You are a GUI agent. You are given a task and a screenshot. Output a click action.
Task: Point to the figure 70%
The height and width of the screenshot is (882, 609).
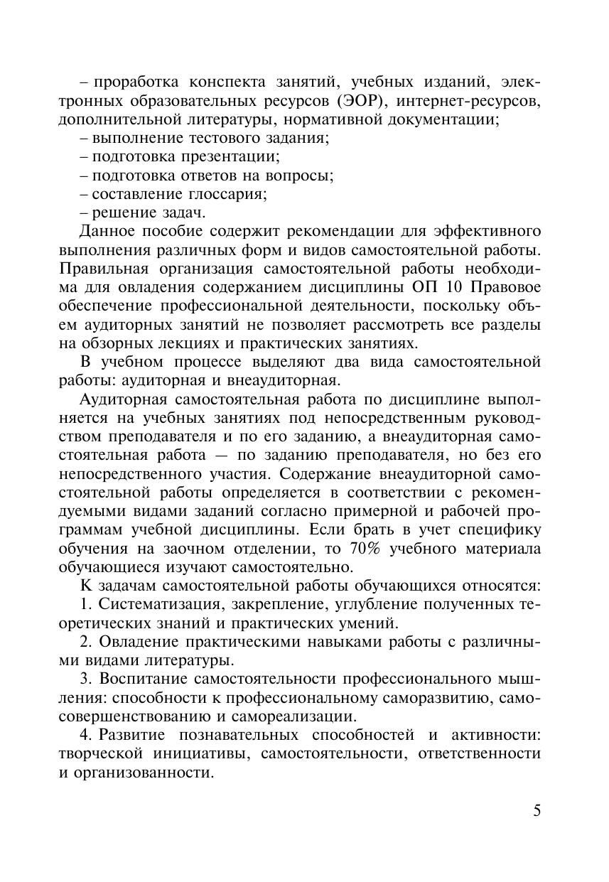click(368, 549)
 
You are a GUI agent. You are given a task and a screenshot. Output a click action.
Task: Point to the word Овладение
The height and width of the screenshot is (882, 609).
click(139, 642)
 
